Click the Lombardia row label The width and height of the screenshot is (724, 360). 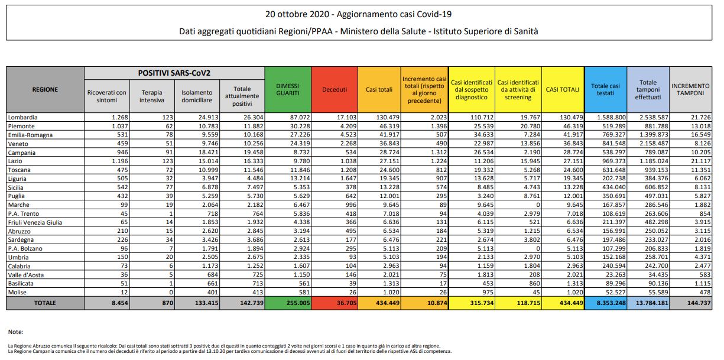[22, 117]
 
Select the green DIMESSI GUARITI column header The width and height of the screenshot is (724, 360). [288, 89]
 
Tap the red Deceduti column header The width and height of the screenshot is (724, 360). [335, 89]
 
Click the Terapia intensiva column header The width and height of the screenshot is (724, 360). [151, 96]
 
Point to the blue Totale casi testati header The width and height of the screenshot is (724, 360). [605, 89]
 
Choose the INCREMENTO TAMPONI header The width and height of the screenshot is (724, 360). [690, 89]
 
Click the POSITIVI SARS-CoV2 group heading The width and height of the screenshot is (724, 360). [174, 73]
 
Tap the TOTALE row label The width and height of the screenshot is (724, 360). [45, 303]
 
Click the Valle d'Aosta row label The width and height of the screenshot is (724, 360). [25, 275]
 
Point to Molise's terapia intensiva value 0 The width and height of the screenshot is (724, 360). [171, 293]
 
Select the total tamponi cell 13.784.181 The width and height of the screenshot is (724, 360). [652, 303]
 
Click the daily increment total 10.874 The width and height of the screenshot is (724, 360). [437, 303]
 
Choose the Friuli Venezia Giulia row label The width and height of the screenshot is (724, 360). [35, 222]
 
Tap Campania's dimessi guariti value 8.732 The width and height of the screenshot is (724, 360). [301, 152]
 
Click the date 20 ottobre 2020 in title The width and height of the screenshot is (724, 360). [297, 14]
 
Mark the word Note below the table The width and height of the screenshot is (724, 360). [15, 332]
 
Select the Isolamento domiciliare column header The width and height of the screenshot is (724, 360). [197, 96]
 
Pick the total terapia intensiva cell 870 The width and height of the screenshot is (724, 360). [168, 303]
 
